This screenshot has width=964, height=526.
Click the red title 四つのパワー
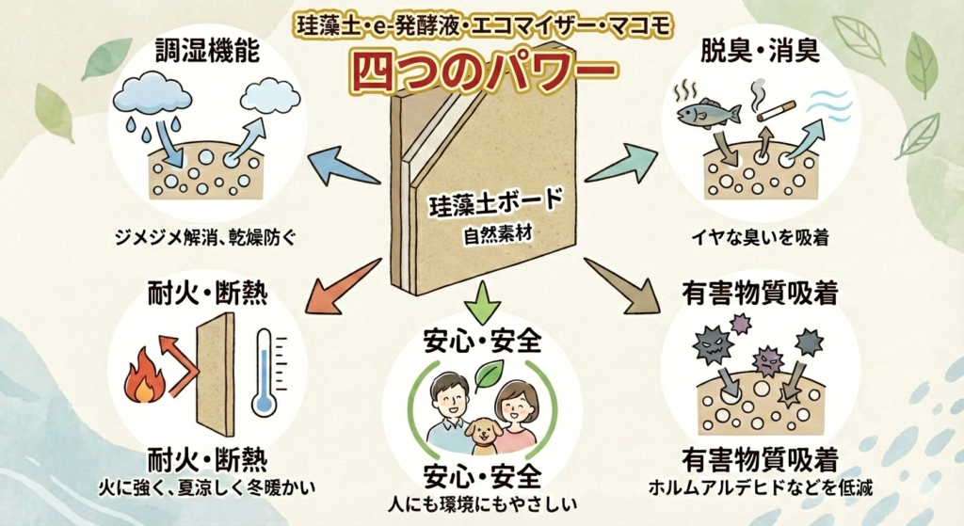[x=482, y=68]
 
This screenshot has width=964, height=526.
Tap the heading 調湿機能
[x=196, y=50]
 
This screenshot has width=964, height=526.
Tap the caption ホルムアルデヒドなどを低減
[x=759, y=488]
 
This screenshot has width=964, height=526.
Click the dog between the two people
[x=482, y=435]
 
